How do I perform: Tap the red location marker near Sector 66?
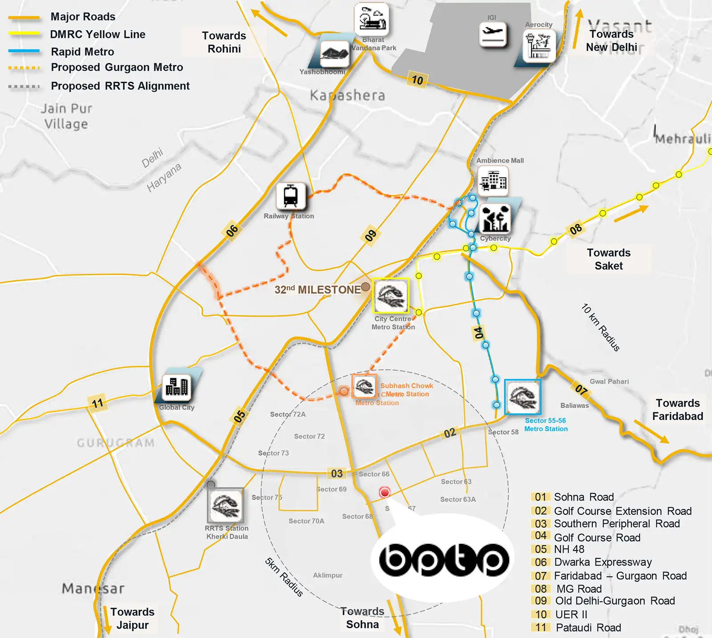[384, 493]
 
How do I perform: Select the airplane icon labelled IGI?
[493, 34]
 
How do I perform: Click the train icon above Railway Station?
[291, 196]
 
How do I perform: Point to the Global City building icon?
[177, 387]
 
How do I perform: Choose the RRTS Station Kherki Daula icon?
[226, 505]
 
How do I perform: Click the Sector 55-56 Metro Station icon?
[523, 397]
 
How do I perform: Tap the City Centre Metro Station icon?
[390, 296]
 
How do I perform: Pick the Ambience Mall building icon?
[493, 181]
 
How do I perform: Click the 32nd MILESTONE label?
[318, 290]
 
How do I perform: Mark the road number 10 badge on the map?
[417, 80]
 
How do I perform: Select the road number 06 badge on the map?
[232, 231]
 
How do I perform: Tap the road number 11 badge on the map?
[97, 404]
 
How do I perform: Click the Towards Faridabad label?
[677, 409]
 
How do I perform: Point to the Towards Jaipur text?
[132, 618]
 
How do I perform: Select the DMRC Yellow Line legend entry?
[97, 34]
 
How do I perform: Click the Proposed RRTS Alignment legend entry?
[120, 86]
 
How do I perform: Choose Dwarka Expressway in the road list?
[603, 562]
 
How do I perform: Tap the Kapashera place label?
[347, 95]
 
